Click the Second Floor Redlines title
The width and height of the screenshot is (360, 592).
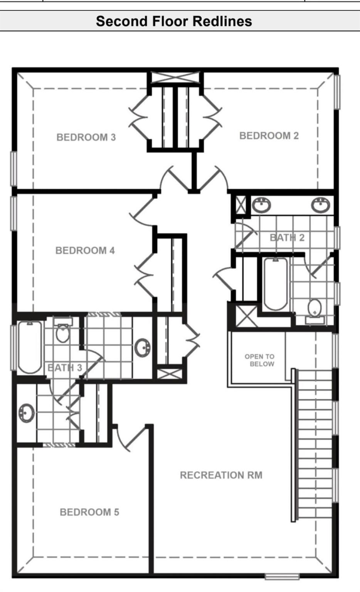174,21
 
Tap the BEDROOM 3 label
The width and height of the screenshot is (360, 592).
86,137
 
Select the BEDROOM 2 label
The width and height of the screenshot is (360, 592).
269,136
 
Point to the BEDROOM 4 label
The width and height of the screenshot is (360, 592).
85,251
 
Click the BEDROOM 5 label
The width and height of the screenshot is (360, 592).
89,512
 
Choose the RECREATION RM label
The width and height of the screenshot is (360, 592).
221,475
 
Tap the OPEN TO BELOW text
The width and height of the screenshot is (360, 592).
260,360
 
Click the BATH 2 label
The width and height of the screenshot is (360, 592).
287,237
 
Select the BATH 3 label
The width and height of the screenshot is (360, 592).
65,368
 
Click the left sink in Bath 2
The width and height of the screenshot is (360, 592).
261,205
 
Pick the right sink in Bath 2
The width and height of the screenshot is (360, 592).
320,205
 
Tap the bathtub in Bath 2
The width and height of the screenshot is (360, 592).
275,284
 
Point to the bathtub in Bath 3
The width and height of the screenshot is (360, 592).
30,347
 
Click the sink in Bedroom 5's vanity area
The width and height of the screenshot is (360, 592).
26,413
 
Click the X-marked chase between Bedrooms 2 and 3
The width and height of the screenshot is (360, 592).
175,77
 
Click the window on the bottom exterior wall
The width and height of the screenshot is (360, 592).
282,577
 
